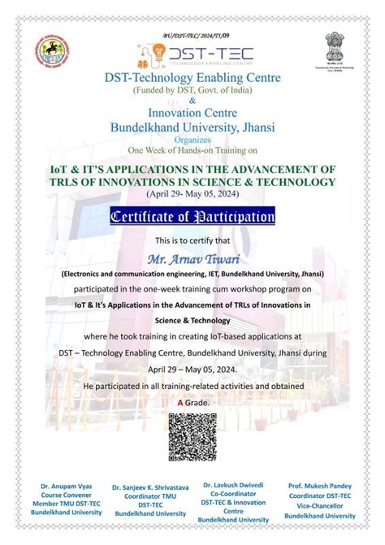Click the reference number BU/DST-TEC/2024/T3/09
point(193,35)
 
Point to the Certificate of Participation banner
point(192,217)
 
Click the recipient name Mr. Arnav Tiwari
point(192,259)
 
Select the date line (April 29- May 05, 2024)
point(192,194)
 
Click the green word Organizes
point(192,138)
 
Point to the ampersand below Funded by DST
point(192,100)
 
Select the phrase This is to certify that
point(192,241)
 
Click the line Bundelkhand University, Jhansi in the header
point(192,127)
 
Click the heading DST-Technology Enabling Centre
point(192,77)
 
